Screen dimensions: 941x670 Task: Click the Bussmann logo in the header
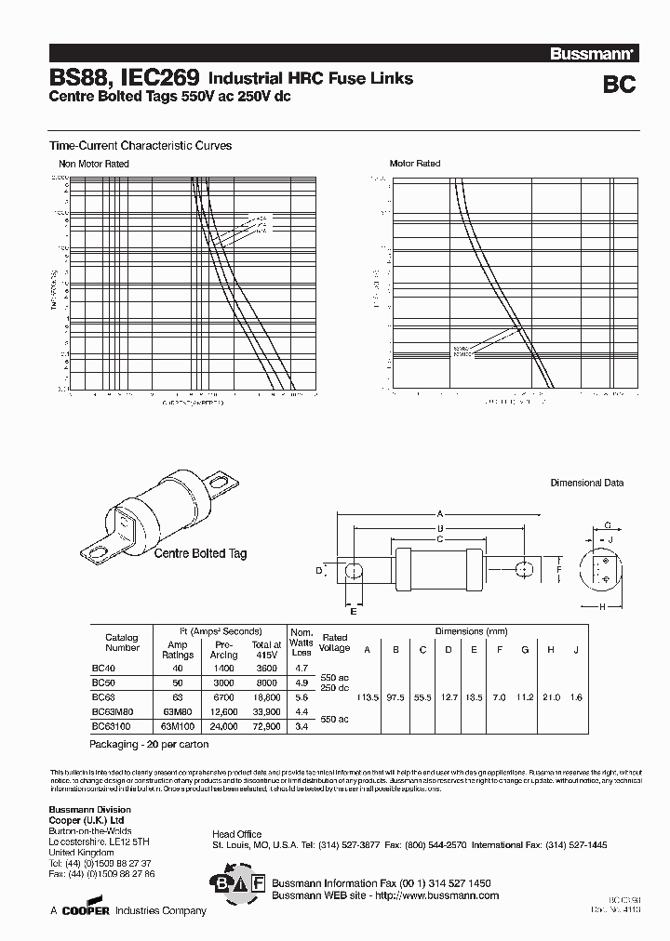point(603,55)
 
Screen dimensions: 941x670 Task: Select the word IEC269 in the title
point(150,80)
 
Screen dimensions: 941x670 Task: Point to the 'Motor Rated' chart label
point(415,164)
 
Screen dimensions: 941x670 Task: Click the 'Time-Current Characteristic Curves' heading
point(140,146)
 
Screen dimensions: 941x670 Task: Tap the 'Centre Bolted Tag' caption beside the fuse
point(200,553)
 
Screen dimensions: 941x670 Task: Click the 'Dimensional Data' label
point(587,484)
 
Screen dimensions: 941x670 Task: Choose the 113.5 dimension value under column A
point(367,697)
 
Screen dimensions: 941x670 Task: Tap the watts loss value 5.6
point(301,696)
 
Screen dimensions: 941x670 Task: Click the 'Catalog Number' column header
point(122,643)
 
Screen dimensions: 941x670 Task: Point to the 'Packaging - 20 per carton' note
point(149,745)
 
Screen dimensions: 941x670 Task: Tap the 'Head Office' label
point(237,834)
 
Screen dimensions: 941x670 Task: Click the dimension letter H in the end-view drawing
point(603,607)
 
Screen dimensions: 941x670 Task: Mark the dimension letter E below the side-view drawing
point(354,611)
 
